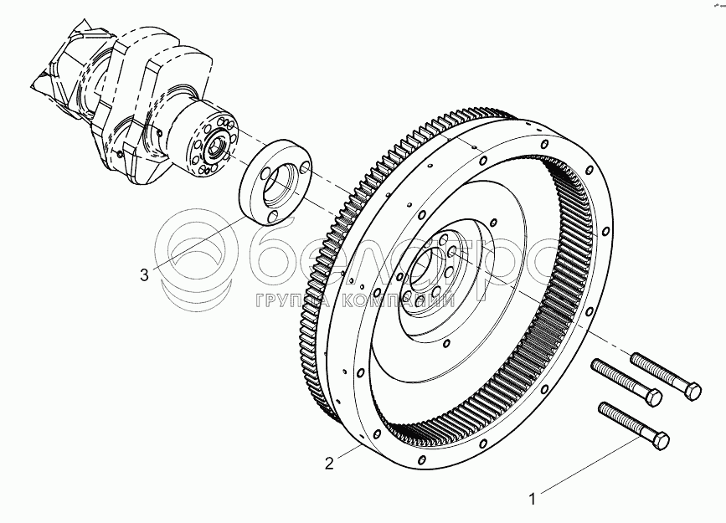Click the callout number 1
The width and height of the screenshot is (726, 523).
pyautogui.click(x=531, y=500)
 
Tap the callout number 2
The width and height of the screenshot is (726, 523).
pyautogui.click(x=330, y=462)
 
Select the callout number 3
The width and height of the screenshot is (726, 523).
pyautogui.click(x=145, y=274)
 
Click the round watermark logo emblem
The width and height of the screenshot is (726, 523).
pyautogui.click(x=197, y=255)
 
